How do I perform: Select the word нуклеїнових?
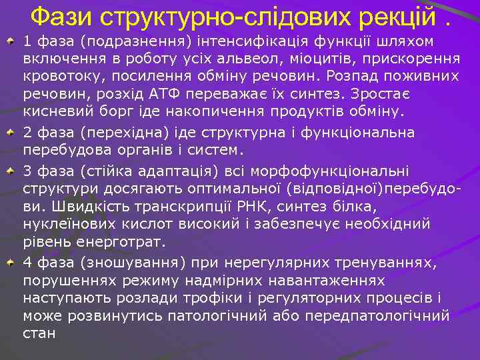pos(67,223)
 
